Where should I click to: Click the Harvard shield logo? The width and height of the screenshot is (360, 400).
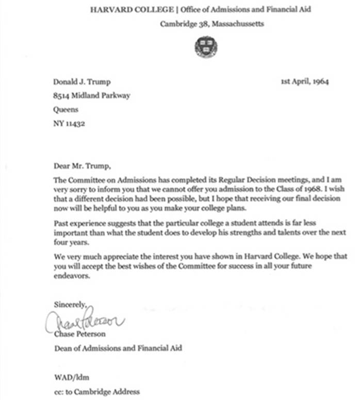tap(206, 46)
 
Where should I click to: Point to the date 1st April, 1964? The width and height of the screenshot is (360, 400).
tap(305, 81)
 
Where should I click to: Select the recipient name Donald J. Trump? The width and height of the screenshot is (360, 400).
tap(81, 81)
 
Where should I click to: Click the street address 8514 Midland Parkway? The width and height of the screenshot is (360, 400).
tap(92, 95)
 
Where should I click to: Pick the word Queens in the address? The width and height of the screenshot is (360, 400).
tap(66, 109)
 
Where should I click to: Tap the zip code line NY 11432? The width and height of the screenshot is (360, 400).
tap(69, 124)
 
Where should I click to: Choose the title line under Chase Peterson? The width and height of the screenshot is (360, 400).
tap(118, 348)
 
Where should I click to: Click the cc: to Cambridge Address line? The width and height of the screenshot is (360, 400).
tap(97, 391)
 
